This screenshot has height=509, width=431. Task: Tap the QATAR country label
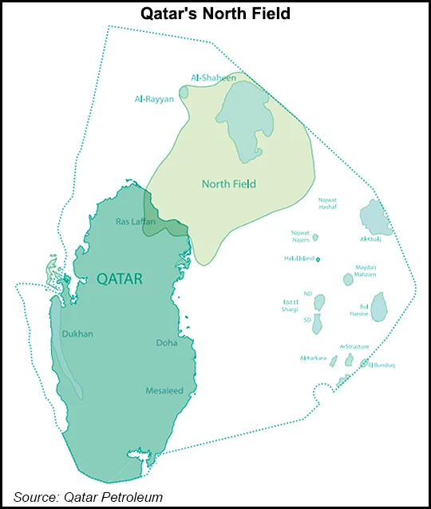point(120,278)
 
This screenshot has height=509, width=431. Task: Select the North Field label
point(228,184)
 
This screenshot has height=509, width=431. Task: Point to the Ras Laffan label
point(129,221)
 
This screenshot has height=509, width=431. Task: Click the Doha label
point(167,343)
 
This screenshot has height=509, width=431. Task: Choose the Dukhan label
point(77,334)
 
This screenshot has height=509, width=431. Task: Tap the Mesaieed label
point(164,391)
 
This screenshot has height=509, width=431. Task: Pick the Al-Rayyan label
point(153,100)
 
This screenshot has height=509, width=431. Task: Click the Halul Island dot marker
point(318,259)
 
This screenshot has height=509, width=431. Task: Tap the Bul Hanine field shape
point(380,306)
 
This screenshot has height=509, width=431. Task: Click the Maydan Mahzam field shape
point(348,279)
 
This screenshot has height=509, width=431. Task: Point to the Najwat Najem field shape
point(315,237)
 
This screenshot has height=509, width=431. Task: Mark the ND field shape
point(319,302)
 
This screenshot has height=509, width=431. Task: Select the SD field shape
point(317,323)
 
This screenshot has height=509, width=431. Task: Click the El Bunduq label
point(381,365)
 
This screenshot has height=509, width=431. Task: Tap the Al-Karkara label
point(313,358)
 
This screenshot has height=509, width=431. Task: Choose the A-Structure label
point(354,347)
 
